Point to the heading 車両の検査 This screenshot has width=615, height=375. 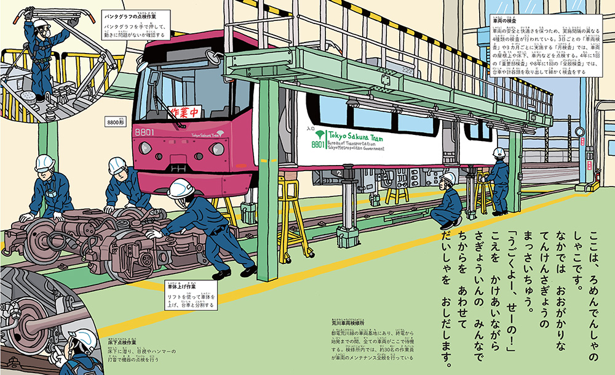pos(505,22)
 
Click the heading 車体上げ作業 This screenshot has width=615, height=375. pos(182,286)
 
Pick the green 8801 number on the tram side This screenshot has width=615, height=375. pos(317,145)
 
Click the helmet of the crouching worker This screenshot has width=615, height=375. pos(449,178)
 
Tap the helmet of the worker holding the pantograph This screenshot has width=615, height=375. pos(41,24)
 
